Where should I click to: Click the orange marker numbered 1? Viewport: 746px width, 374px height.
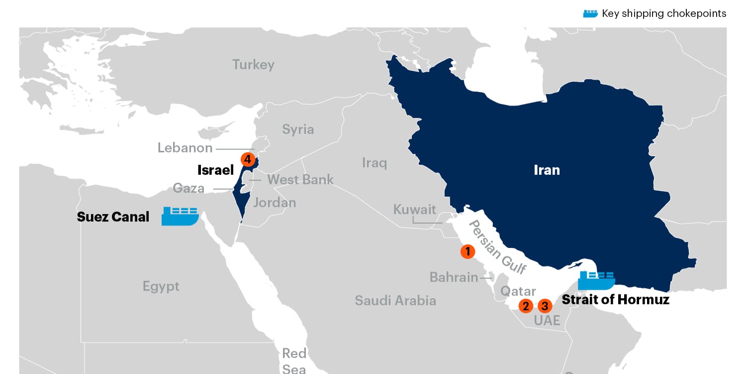pyautogui.click(x=467, y=251)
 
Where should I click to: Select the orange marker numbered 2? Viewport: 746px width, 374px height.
pyautogui.click(x=526, y=306)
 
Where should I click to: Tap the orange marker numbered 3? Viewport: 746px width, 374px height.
pyautogui.click(x=545, y=306)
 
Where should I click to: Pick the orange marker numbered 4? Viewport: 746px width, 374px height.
pyautogui.click(x=248, y=159)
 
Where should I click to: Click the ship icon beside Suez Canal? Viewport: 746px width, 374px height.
pyautogui.click(x=180, y=216)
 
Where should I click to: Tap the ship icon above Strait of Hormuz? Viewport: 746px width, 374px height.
pyautogui.click(x=596, y=281)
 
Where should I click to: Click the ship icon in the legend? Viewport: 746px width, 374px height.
pyautogui.click(x=590, y=13)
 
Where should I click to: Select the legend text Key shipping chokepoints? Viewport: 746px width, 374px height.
pyautogui.click(x=664, y=13)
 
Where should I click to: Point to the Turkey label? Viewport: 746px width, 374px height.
pyautogui.click(x=253, y=65)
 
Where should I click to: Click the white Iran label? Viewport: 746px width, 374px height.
pyautogui.click(x=547, y=170)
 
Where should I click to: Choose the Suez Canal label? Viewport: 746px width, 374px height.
pyautogui.click(x=113, y=217)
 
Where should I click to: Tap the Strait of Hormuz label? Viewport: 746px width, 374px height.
pyautogui.click(x=615, y=299)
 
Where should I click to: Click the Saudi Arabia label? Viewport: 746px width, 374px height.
pyautogui.click(x=395, y=300)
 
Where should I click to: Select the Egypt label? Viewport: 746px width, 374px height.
pyautogui.click(x=161, y=286)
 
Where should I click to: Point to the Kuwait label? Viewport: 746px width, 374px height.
pyautogui.click(x=414, y=209)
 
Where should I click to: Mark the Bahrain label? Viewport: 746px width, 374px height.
pyautogui.click(x=454, y=277)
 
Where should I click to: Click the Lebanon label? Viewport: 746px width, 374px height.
pyautogui.click(x=185, y=148)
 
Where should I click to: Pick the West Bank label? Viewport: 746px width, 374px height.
pyautogui.click(x=300, y=179)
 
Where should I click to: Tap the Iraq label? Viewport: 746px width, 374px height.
pyautogui.click(x=374, y=163)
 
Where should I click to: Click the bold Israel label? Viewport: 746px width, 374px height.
pyautogui.click(x=215, y=170)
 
